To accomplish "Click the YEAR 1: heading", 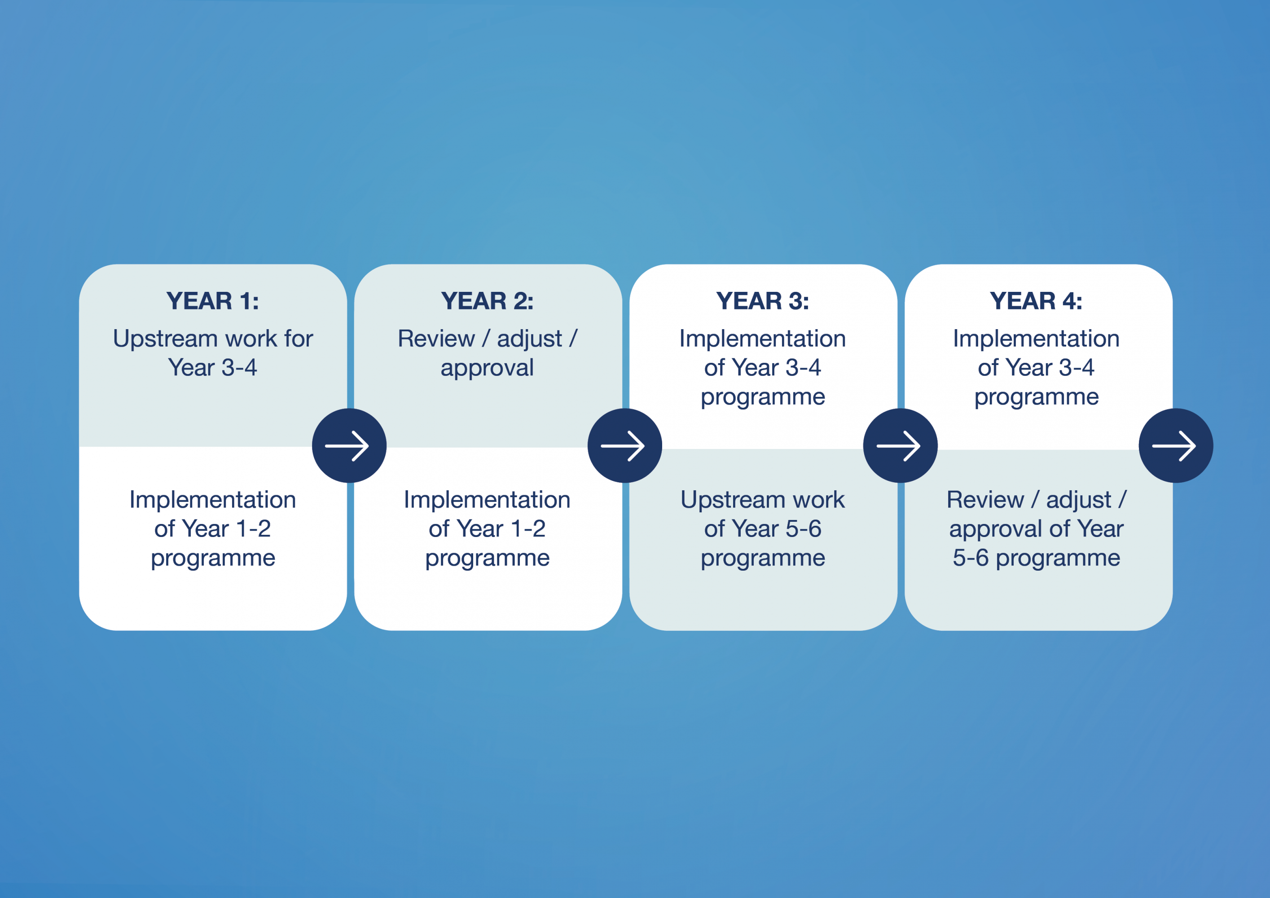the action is (x=212, y=301).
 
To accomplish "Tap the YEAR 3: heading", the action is (x=762, y=301).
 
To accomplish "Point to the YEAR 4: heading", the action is (x=1036, y=301).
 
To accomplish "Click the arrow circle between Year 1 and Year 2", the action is (x=349, y=445).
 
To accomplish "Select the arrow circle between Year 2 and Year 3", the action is (x=624, y=445).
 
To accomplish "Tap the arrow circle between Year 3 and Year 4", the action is (x=900, y=445).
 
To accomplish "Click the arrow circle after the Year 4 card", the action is (x=1175, y=445).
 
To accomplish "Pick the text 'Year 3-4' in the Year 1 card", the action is (x=212, y=367).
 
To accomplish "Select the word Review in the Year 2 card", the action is (x=436, y=339).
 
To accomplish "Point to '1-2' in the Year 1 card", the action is (x=253, y=529).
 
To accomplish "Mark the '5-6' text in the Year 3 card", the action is (x=803, y=529).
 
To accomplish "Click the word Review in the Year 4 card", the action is (x=984, y=500).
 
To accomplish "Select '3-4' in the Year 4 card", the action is (x=1077, y=367).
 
